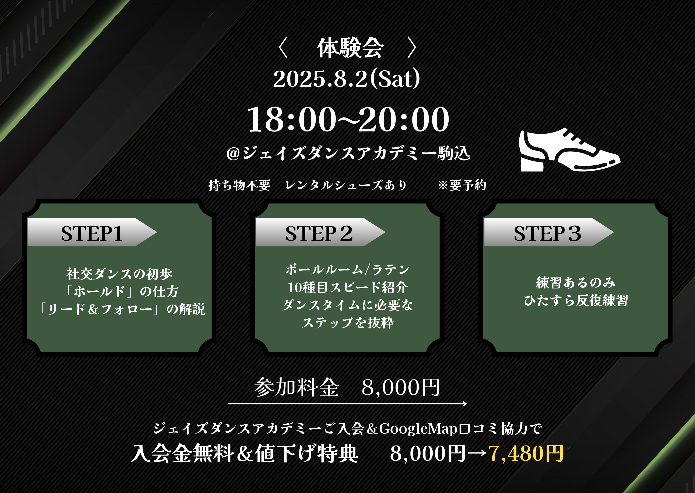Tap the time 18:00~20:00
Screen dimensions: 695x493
tap(348, 119)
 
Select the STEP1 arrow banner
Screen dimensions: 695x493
tap(92, 232)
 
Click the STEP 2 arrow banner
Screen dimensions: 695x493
tap(320, 232)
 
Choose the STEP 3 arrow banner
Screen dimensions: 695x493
tap(549, 232)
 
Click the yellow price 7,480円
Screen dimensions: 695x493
tap(526, 454)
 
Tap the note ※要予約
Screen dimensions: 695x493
tap(462, 185)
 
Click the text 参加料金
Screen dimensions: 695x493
tap(296, 387)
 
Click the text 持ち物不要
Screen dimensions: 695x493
tap(239, 185)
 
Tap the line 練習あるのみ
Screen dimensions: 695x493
tap(576, 283)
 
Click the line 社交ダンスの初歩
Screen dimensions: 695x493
tap(120, 274)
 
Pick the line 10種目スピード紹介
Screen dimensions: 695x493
tap(348, 288)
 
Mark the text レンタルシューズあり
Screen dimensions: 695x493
tap(346, 185)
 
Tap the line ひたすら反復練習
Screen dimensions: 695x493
tap(576, 300)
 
